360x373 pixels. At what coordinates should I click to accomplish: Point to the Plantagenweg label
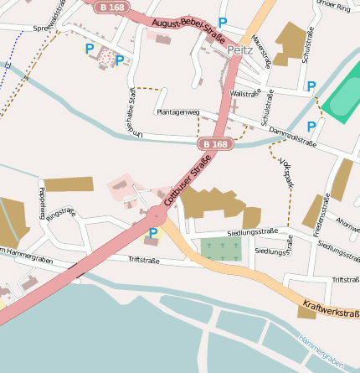coord(178,111)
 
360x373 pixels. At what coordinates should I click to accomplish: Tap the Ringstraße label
coord(60,214)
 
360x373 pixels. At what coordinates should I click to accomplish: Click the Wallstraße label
coord(245,94)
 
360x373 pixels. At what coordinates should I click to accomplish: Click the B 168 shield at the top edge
coord(111,7)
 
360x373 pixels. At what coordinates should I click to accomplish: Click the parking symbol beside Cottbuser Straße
coord(153,234)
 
